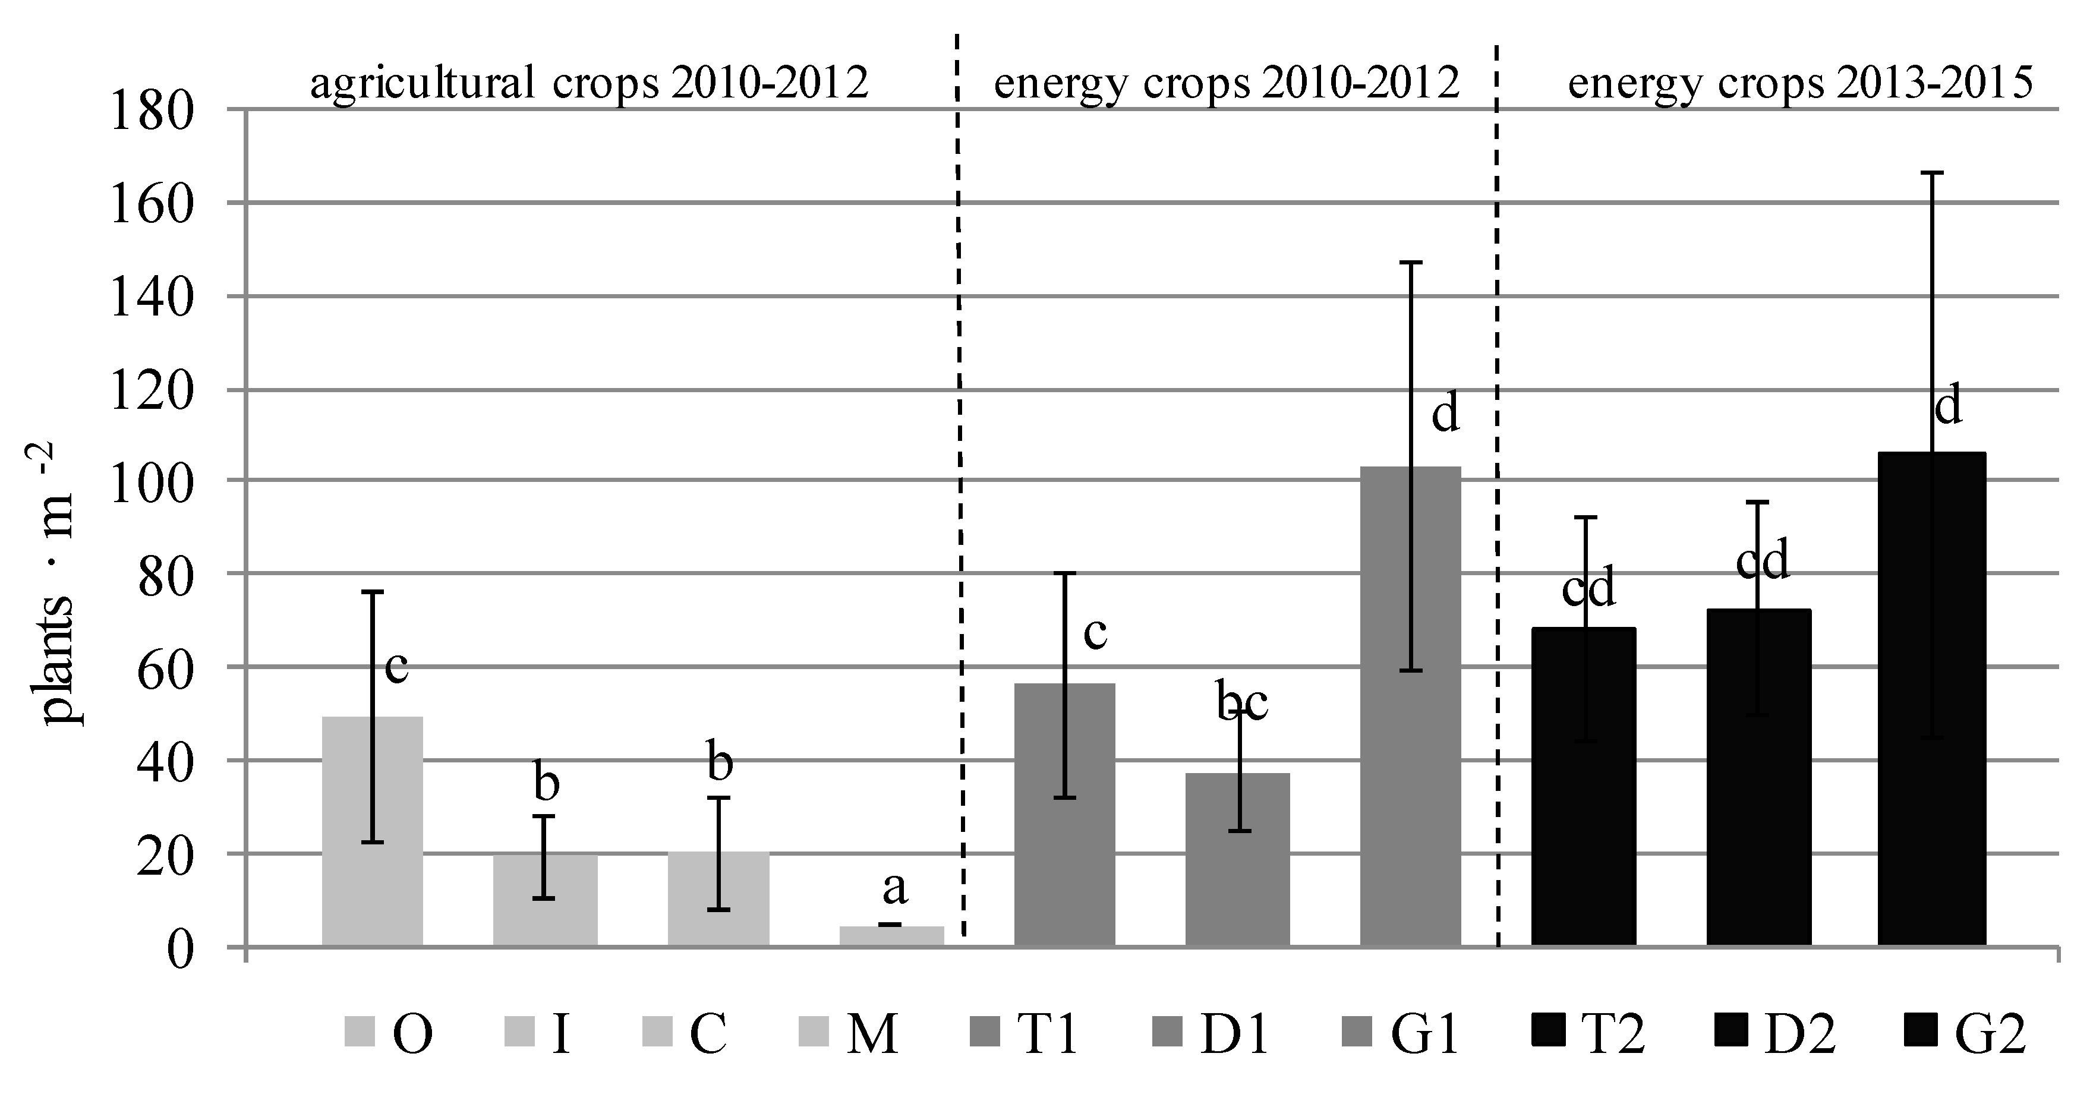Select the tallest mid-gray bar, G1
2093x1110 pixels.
pyautogui.click(x=1411, y=707)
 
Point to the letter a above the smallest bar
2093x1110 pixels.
pyautogui.click(x=894, y=887)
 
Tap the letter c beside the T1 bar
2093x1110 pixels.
pyautogui.click(x=1095, y=632)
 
